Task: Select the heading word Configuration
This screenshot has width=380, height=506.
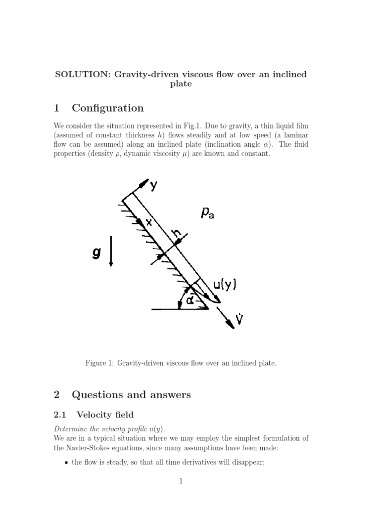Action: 107,108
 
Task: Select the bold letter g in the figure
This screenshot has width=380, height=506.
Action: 96,253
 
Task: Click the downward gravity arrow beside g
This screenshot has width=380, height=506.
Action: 111,251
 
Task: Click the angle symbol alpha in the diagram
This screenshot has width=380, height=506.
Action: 190,299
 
